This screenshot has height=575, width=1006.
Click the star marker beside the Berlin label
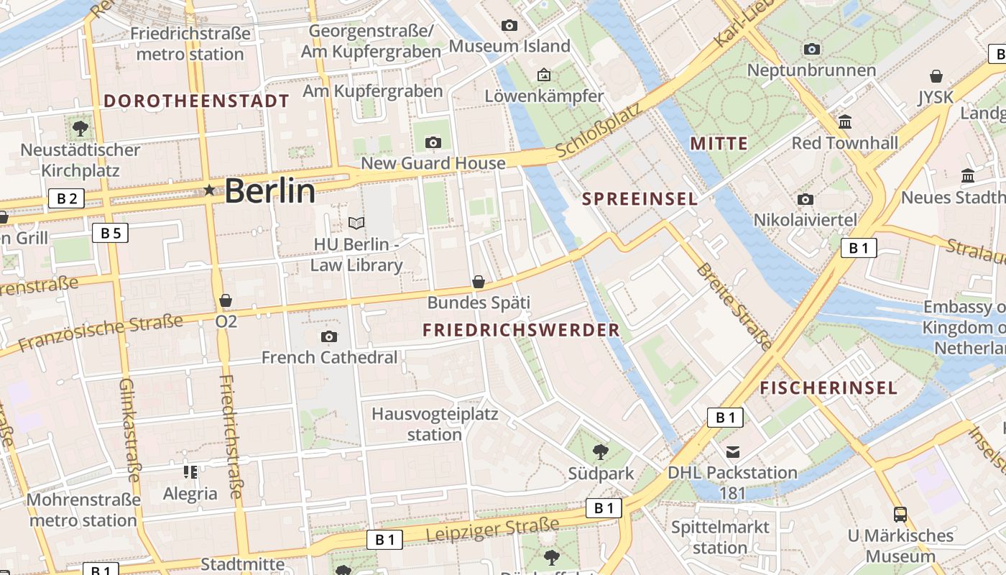click(x=209, y=190)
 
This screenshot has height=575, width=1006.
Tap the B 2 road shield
click(x=66, y=198)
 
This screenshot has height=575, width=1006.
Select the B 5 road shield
click(x=110, y=232)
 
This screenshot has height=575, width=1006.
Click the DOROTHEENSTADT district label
click(x=196, y=101)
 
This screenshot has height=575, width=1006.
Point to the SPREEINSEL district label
click(x=640, y=199)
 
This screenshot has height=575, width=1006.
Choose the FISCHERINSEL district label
click(x=829, y=389)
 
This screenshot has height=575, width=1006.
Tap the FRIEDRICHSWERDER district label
click(x=521, y=330)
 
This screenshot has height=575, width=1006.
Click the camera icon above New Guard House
click(x=433, y=142)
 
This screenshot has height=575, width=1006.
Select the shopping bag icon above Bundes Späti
click(x=479, y=282)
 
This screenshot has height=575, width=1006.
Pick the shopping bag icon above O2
click(x=226, y=300)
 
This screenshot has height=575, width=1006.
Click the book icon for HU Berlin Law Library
click(x=356, y=223)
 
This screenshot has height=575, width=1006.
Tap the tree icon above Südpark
click(x=601, y=452)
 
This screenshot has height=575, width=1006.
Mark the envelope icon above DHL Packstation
click(x=732, y=452)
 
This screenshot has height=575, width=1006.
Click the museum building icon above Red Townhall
click(x=845, y=121)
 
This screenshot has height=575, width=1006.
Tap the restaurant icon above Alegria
click(x=190, y=472)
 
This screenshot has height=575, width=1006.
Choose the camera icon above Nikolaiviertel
click(x=806, y=199)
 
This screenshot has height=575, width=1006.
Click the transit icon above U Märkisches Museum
click(x=900, y=515)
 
